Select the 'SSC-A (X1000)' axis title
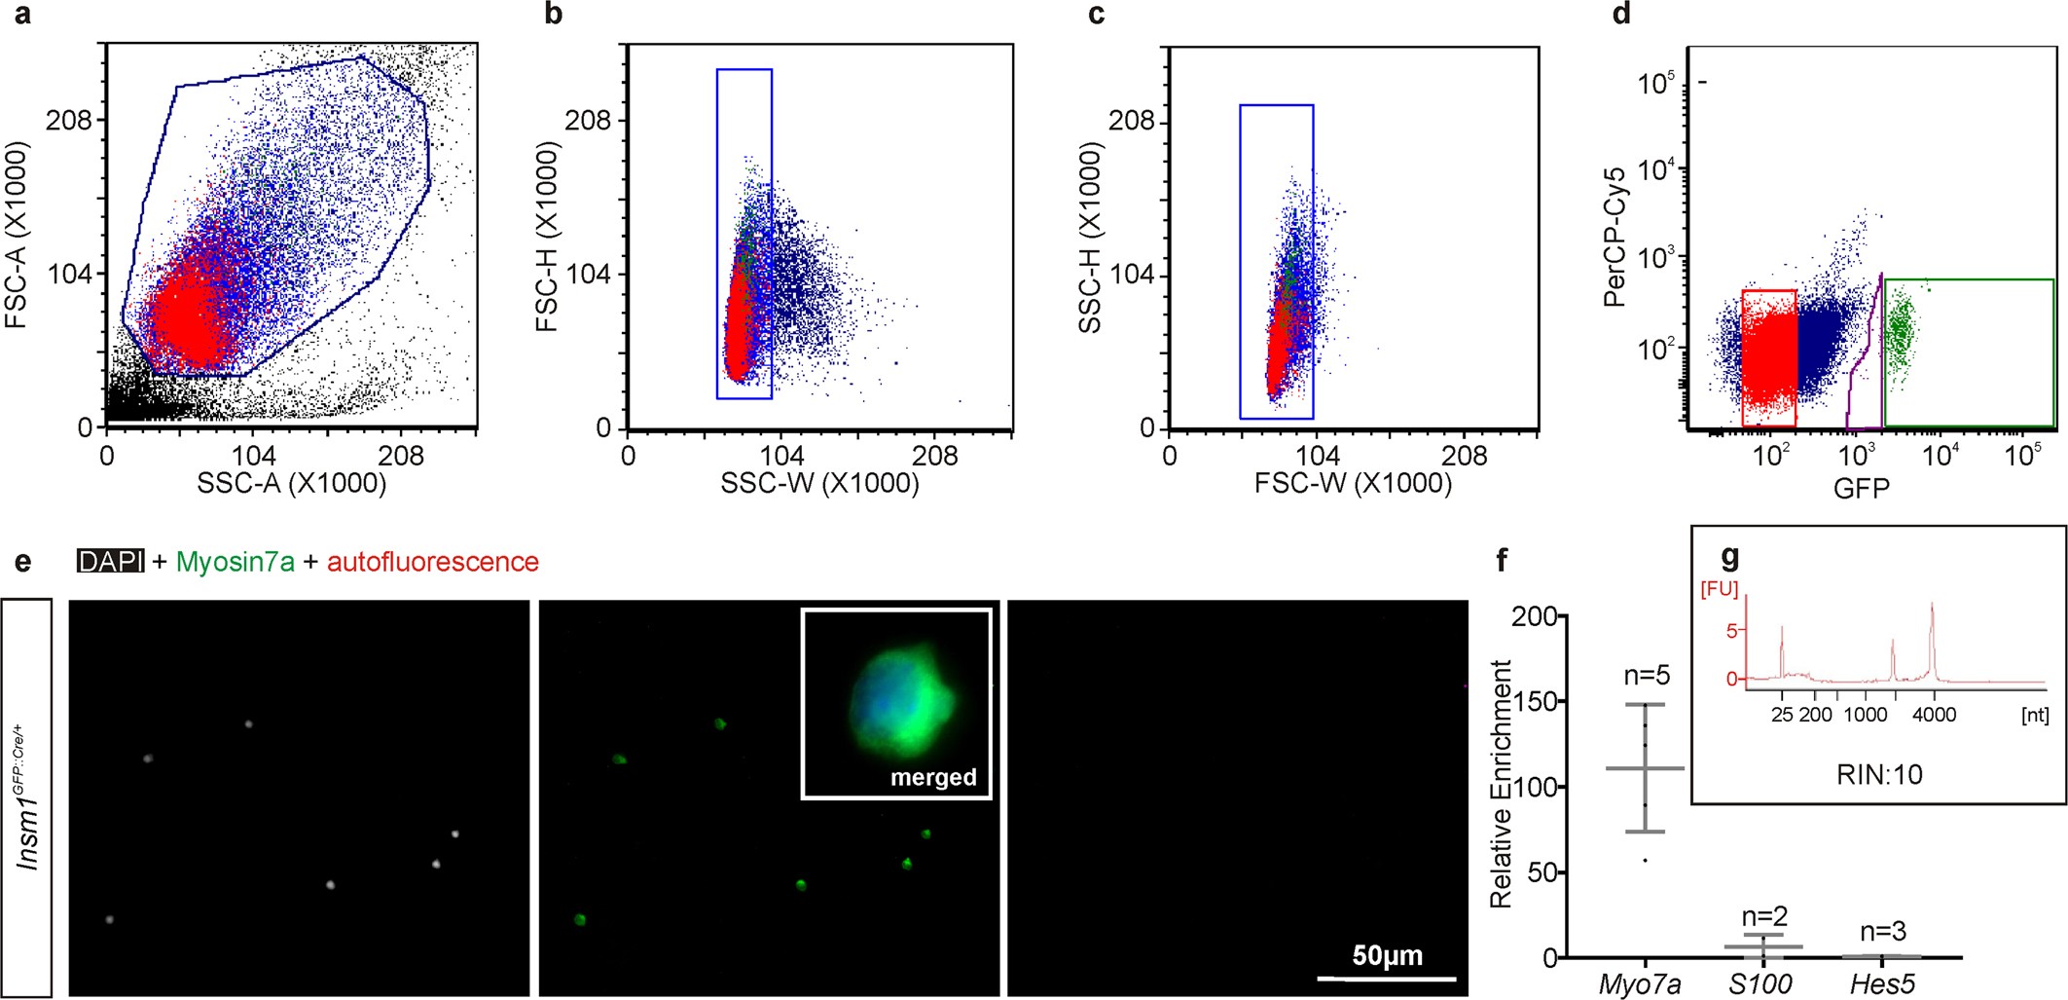click(x=291, y=484)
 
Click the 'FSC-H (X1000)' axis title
click(x=548, y=237)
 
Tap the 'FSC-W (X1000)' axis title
click(x=1353, y=484)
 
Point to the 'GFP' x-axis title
click(x=1861, y=489)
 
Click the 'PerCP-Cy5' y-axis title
click(x=1614, y=237)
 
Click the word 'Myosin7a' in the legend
click(x=235, y=562)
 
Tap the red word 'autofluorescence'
click(x=432, y=562)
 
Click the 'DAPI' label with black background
click(x=111, y=562)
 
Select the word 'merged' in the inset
click(x=933, y=777)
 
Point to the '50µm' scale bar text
click(x=1387, y=955)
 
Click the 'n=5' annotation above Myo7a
click(x=1647, y=676)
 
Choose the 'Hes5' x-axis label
click(x=1882, y=984)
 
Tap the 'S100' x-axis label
click(x=1760, y=984)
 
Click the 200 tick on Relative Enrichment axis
click(x=1535, y=616)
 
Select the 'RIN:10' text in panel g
click(x=1879, y=775)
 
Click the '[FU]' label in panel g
click(x=1719, y=589)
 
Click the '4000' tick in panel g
click(x=1934, y=715)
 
